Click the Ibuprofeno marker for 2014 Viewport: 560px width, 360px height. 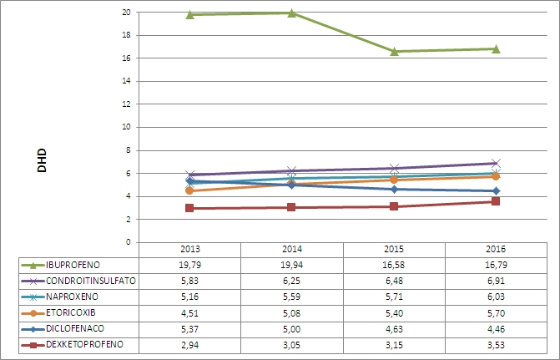point(291,13)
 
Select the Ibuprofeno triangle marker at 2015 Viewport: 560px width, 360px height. point(393,51)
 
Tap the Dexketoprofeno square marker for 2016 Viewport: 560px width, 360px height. point(496,201)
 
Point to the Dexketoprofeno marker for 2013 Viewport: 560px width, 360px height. point(189,208)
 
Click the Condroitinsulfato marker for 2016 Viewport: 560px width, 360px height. point(496,163)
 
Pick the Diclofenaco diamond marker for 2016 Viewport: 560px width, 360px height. point(496,191)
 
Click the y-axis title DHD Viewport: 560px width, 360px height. point(42,161)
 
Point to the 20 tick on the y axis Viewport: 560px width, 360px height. point(125,13)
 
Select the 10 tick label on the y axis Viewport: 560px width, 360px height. point(125,128)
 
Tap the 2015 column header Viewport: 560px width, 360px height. point(393,249)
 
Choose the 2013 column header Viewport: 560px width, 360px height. point(189,249)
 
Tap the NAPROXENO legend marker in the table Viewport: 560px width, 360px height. point(30,297)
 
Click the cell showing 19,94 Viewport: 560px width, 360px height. point(291,265)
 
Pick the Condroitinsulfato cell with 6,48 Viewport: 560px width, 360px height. point(393,281)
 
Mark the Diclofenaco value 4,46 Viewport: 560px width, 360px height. point(496,327)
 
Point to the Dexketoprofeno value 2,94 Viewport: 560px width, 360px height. point(189,343)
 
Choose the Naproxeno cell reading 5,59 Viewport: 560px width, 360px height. point(291,297)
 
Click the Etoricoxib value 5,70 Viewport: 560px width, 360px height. point(496,312)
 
